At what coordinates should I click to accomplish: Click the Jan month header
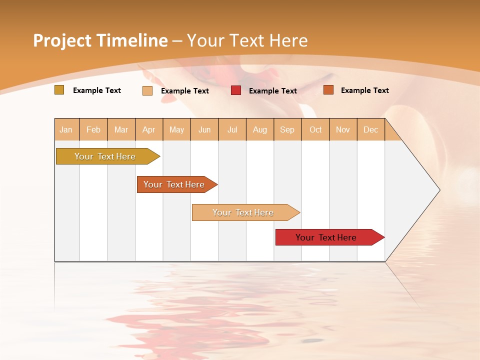[66, 129]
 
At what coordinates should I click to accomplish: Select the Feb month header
[93, 129]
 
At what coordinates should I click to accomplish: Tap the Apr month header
[148, 129]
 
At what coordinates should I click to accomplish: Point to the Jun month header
[204, 129]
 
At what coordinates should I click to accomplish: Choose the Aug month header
[259, 129]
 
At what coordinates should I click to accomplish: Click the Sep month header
[287, 129]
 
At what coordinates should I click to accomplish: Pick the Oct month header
[315, 129]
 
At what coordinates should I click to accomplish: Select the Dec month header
[370, 129]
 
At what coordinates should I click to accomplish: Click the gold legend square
[59, 90]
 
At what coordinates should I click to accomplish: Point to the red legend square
[236, 90]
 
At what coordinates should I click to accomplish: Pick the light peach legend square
[147, 90]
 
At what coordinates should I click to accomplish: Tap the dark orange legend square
[328, 90]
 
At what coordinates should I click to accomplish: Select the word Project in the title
[62, 40]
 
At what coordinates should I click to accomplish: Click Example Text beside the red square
[272, 91]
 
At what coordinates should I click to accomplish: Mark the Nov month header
[342, 129]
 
